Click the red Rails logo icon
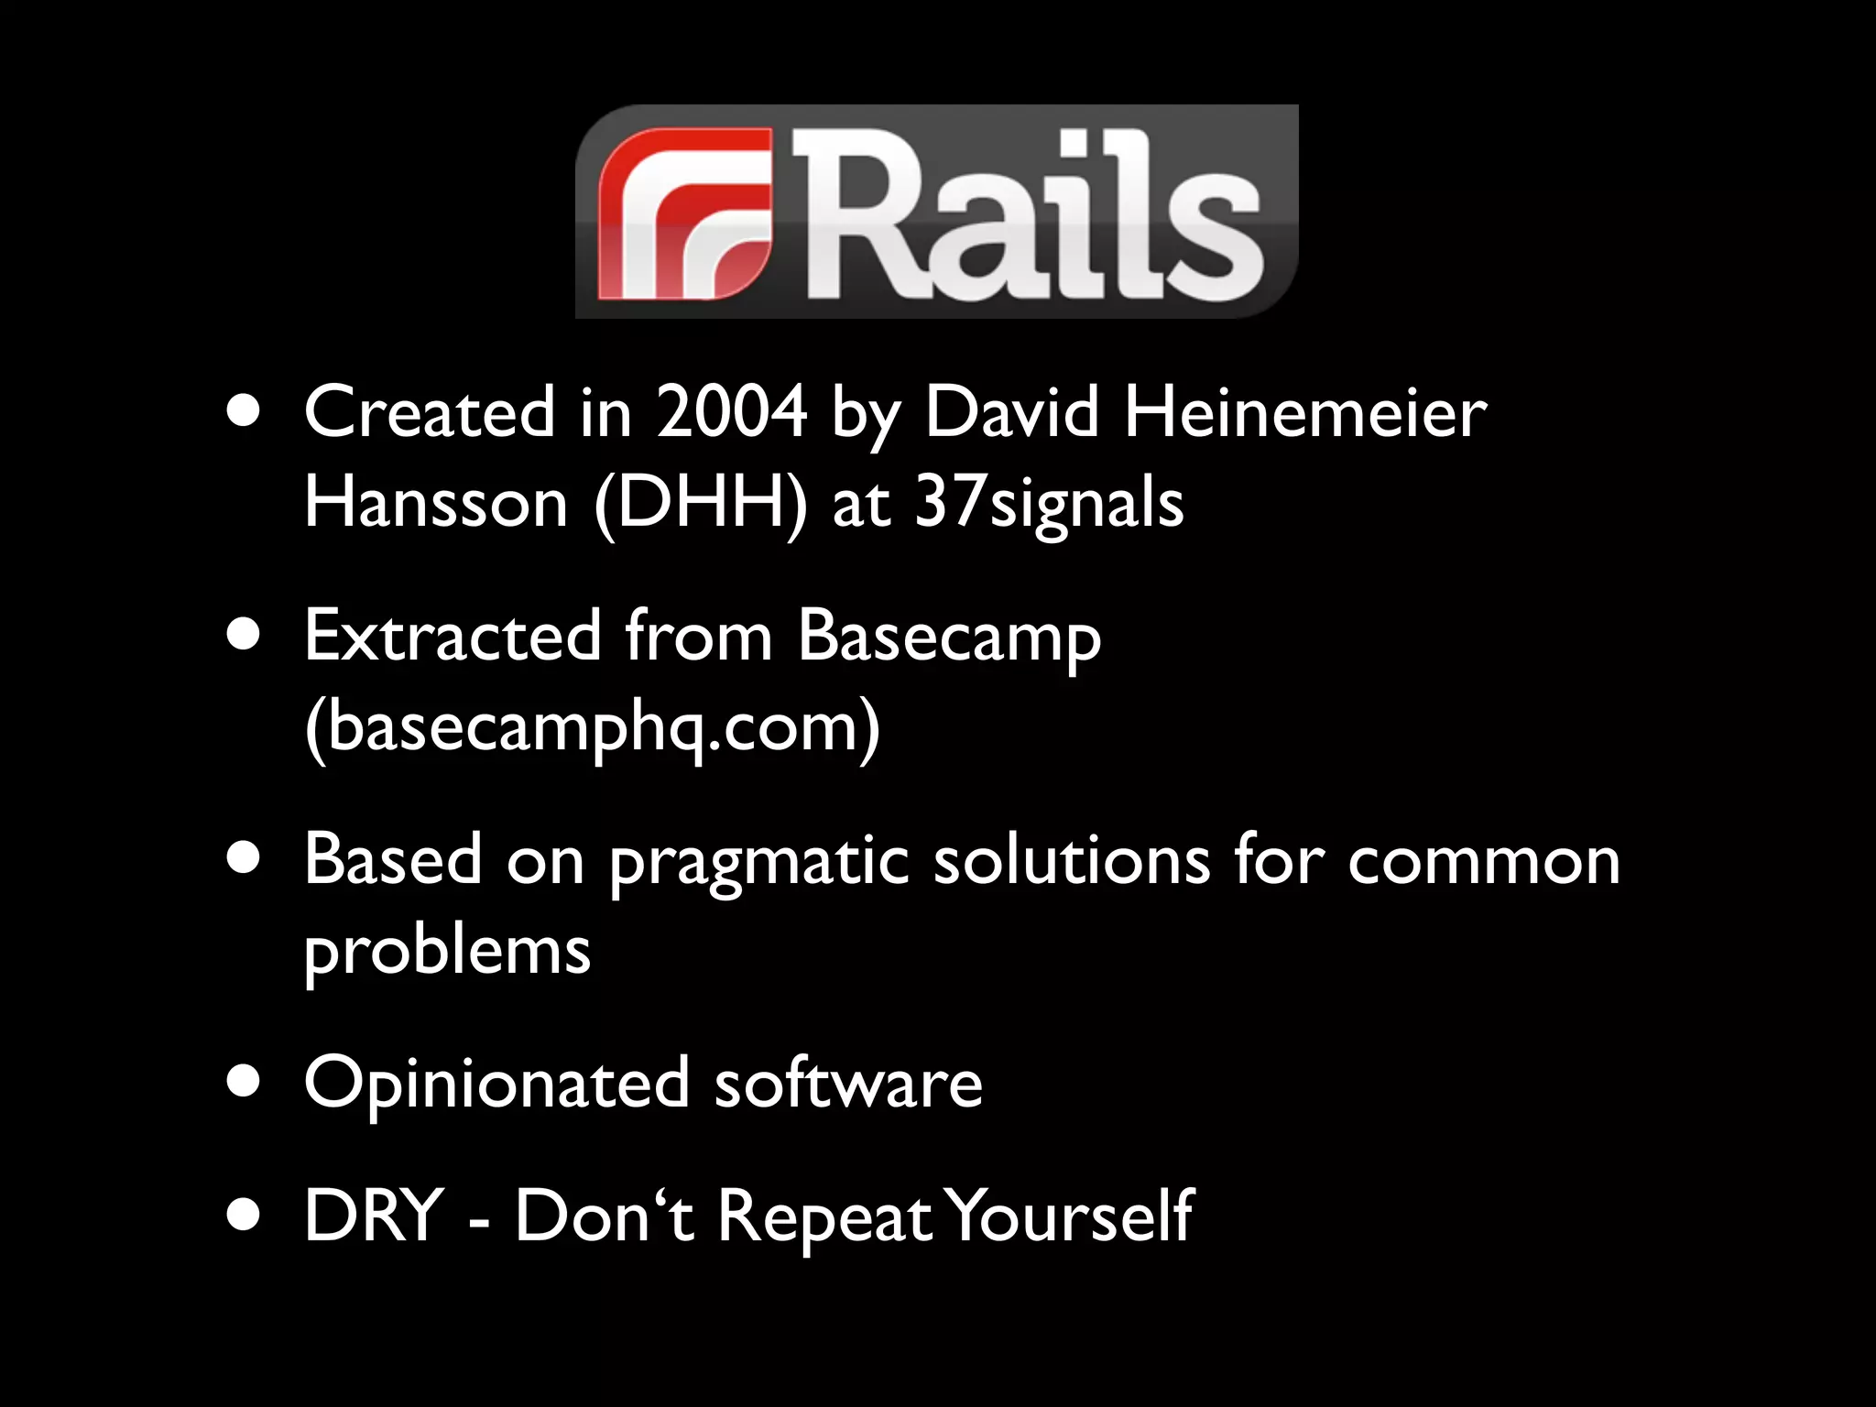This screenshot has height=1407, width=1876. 685,213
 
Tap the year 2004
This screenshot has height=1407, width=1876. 732,412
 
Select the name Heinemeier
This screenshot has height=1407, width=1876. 1304,412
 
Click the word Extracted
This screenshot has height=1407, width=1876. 453,635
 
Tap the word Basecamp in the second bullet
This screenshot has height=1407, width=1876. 949,635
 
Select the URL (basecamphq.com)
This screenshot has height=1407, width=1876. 592,726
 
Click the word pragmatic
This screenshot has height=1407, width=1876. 759,861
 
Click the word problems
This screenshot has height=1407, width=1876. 447,951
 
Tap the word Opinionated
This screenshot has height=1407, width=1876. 496,1085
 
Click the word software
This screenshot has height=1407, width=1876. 848,1083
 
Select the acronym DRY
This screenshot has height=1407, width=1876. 374,1215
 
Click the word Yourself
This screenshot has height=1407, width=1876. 1071,1215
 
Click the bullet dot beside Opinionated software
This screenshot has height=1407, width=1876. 244,1084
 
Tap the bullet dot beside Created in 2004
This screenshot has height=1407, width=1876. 244,412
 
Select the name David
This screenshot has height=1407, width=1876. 1011,412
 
